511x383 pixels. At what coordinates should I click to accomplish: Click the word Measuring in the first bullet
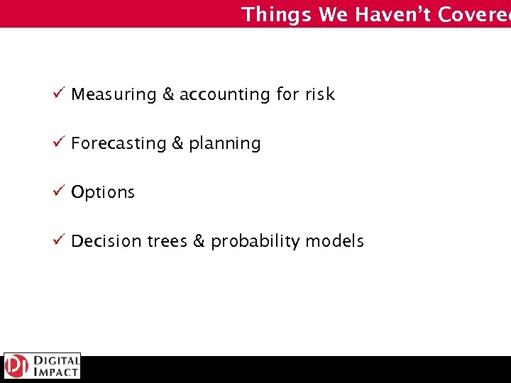114,94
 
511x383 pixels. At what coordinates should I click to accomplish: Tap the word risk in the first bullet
319,94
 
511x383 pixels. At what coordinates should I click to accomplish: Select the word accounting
224,94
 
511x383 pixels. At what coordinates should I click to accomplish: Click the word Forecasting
119,143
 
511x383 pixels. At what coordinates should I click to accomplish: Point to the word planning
225,144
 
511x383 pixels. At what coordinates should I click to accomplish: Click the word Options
103,192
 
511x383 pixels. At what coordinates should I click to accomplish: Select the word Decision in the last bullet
106,241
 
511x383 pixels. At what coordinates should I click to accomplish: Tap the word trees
167,241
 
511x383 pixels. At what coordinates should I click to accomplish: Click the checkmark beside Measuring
60,94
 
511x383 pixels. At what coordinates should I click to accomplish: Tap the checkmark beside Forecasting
60,143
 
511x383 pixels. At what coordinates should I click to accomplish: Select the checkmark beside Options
60,191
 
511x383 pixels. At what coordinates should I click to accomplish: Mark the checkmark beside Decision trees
60,240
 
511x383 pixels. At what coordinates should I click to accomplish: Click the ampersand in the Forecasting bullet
178,143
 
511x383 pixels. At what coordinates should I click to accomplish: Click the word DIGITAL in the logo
55,360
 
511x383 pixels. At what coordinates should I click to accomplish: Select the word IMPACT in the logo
55,372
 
